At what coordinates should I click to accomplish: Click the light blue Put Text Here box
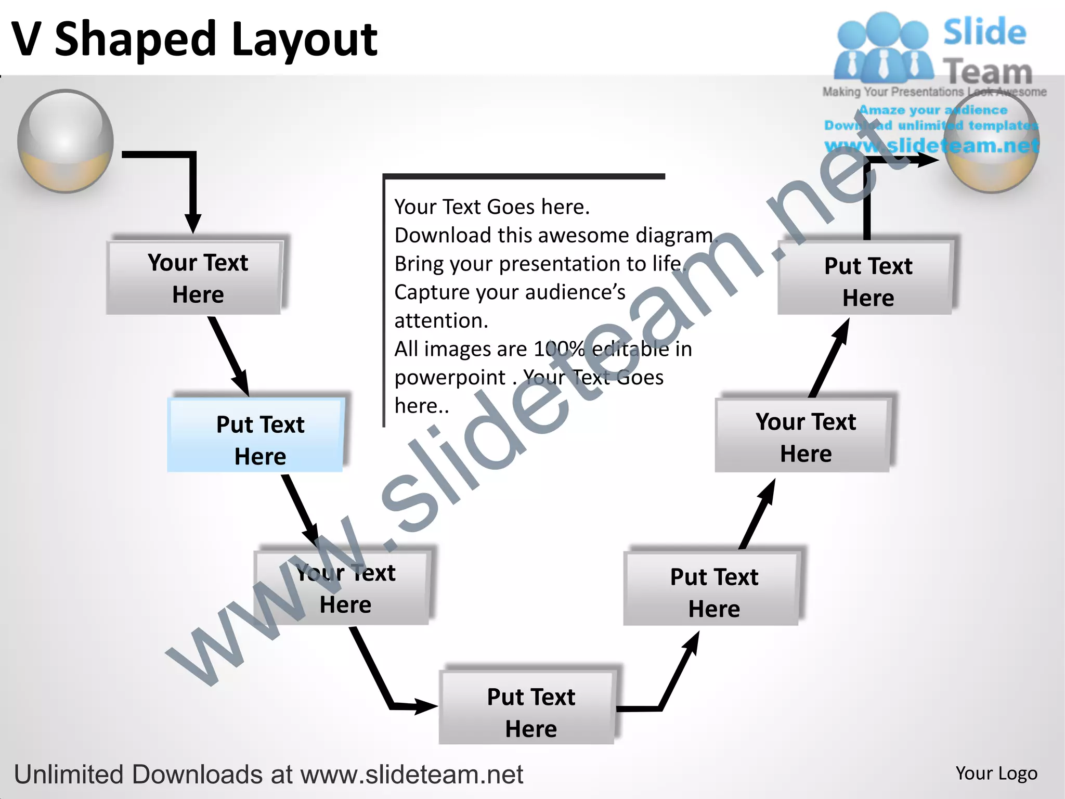[255, 435]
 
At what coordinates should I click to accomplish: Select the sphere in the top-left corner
[66, 141]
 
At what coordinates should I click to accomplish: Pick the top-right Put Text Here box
[865, 278]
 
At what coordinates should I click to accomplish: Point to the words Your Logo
[996, 774]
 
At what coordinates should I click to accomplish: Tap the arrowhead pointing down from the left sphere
[193, 223]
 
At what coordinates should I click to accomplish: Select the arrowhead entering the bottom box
[424, 706]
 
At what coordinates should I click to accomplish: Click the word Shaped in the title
[135, 41]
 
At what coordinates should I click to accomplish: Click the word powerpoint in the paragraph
[450, 377]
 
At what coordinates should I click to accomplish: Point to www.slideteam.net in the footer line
[411, 775]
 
